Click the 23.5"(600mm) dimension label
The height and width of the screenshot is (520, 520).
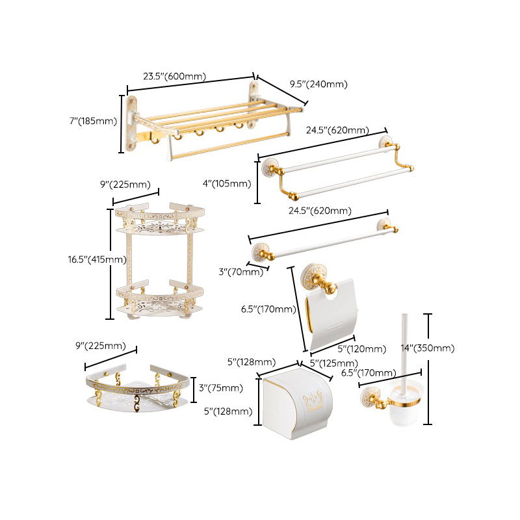tap(175, 76)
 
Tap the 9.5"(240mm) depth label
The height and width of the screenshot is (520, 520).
tap(318, 84)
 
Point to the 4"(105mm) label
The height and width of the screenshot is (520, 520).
tap(227, 183)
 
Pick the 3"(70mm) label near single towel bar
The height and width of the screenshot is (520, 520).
tap(241, 272)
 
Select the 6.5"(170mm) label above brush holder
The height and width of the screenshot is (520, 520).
tap(369, 372)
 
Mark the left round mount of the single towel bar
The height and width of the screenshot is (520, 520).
tap(262, 250)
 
